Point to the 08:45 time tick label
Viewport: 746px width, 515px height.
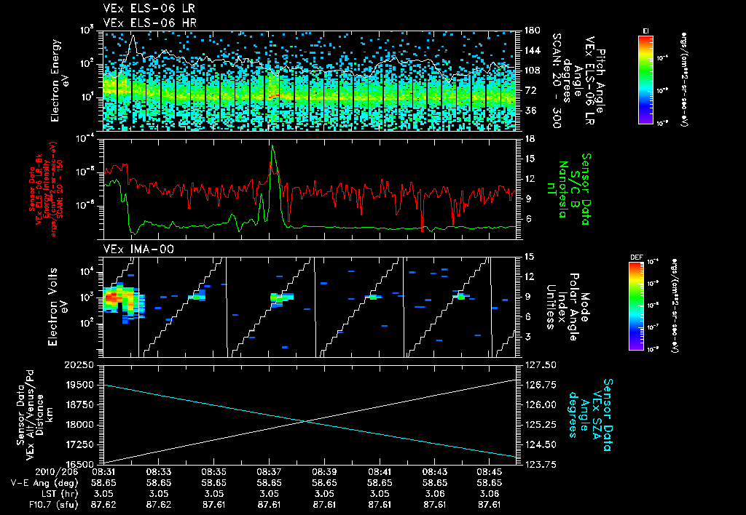coord(490,471)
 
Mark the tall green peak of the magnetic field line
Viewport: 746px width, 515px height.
coord(272,146)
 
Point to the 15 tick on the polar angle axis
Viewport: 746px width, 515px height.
coord(530,257)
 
